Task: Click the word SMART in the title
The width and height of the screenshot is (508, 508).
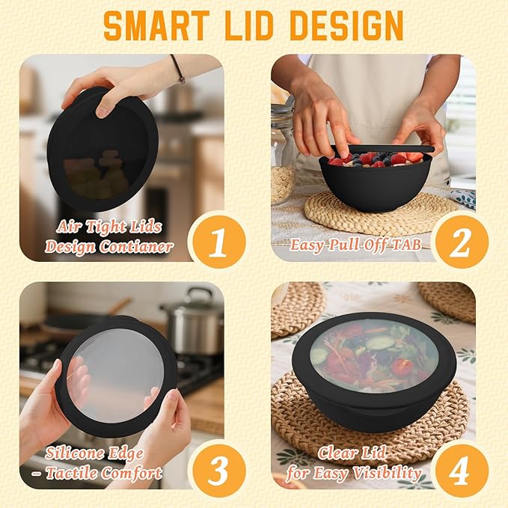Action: (156, 25)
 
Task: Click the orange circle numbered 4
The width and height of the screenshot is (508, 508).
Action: (461, 471)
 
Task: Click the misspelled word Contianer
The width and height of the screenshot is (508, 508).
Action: (135, 247)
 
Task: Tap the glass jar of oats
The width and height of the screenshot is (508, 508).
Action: (283, 155)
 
